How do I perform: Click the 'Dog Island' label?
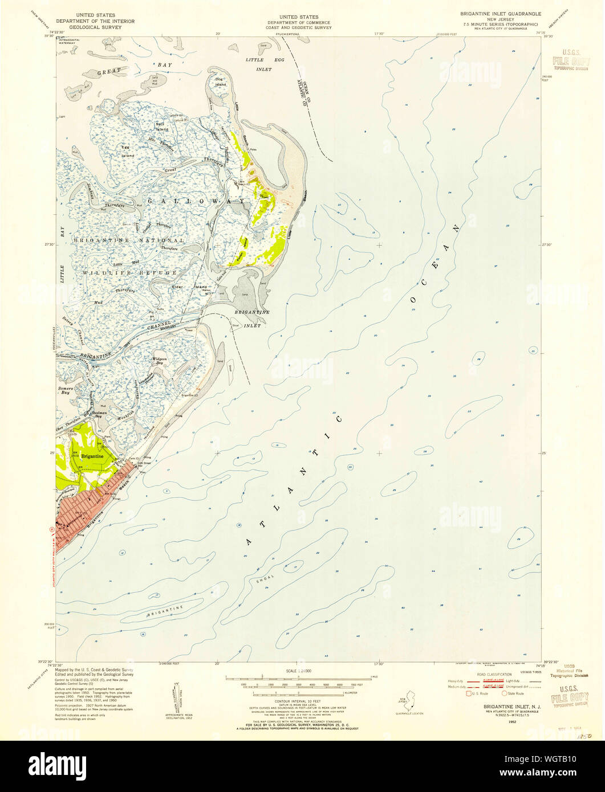click(220, 82)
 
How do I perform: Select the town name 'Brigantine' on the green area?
click(92, 456)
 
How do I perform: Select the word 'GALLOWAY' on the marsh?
click(197, 201)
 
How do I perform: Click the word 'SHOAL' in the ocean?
click(258, 578)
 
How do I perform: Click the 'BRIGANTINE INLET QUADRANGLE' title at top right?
click(494, 12)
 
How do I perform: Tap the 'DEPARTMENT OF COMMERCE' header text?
click(295, 23)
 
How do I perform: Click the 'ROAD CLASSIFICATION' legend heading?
click(488, 674)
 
